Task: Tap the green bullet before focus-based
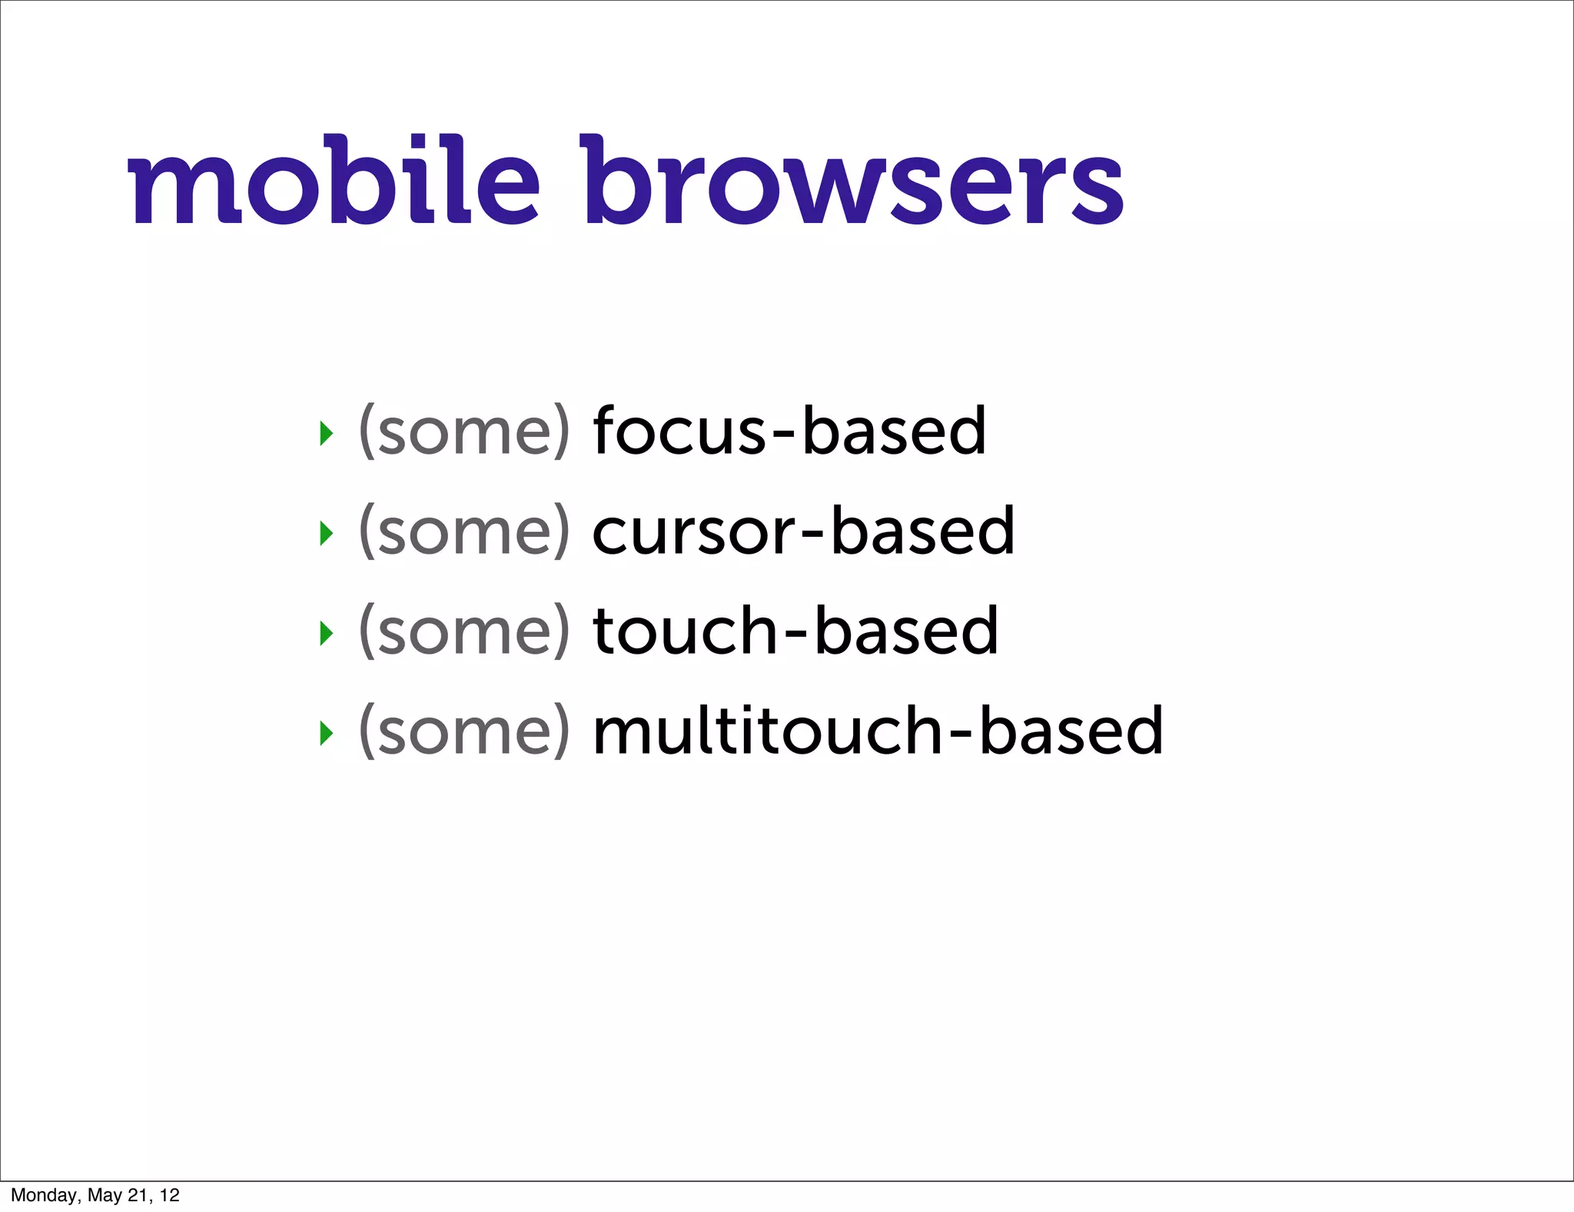click(x=327, y=434)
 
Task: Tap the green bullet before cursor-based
click(x=327, y=533)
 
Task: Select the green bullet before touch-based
click(x=327, y=633)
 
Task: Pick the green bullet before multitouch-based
click(x=327, y=733)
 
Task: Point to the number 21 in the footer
click(x=138, y=1195)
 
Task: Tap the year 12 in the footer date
click(x=170, y=1195)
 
